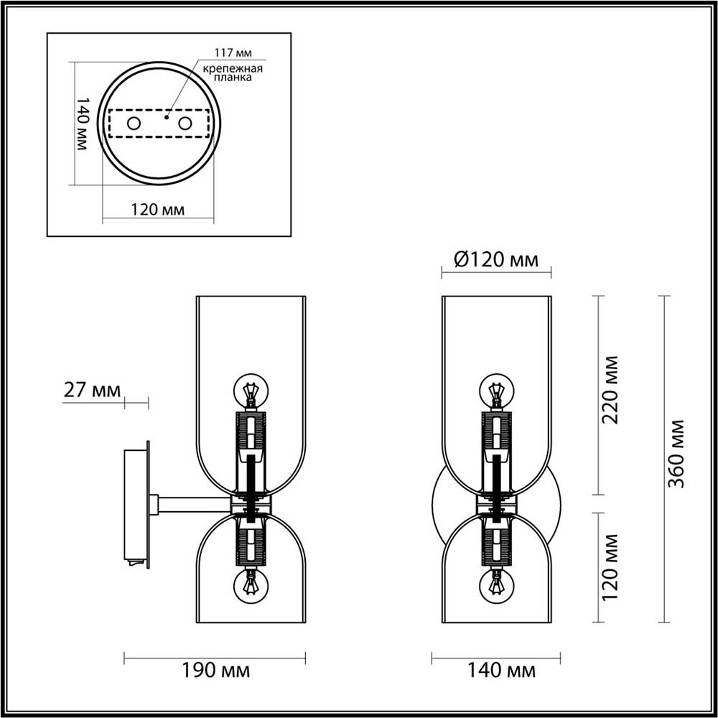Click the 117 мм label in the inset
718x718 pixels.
231,53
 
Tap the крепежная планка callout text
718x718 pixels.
231,73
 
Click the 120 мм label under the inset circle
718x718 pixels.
157,210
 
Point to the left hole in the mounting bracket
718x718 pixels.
134,123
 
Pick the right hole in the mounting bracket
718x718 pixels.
185,123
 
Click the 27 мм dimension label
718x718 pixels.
92,391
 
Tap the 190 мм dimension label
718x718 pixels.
215,671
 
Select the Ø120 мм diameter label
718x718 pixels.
496,259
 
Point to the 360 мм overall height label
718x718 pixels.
676,454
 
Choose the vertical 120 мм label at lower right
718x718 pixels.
611,567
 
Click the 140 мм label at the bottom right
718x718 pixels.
501,671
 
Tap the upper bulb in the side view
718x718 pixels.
251,391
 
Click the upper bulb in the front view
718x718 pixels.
496,391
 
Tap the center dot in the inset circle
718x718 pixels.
166,115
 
